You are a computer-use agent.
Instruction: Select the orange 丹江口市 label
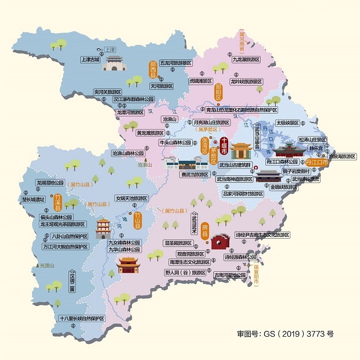click(317, 164)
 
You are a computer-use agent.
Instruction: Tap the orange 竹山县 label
click(138, 220)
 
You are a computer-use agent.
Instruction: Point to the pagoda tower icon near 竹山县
click(103, 228)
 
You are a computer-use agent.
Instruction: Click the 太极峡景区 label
click(287, 123)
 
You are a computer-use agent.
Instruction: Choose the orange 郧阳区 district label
click(219, 92)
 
